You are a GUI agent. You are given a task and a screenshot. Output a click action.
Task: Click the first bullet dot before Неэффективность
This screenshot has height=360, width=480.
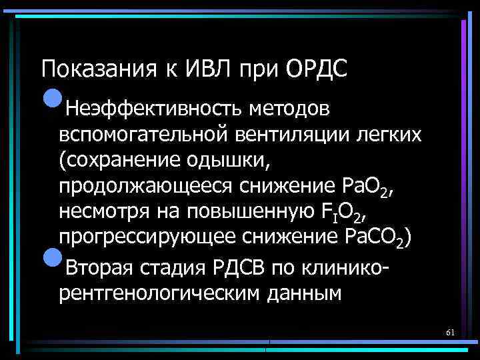tap(51, 100)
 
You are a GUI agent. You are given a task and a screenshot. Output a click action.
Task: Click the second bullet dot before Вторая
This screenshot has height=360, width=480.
tap(51, 261)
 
